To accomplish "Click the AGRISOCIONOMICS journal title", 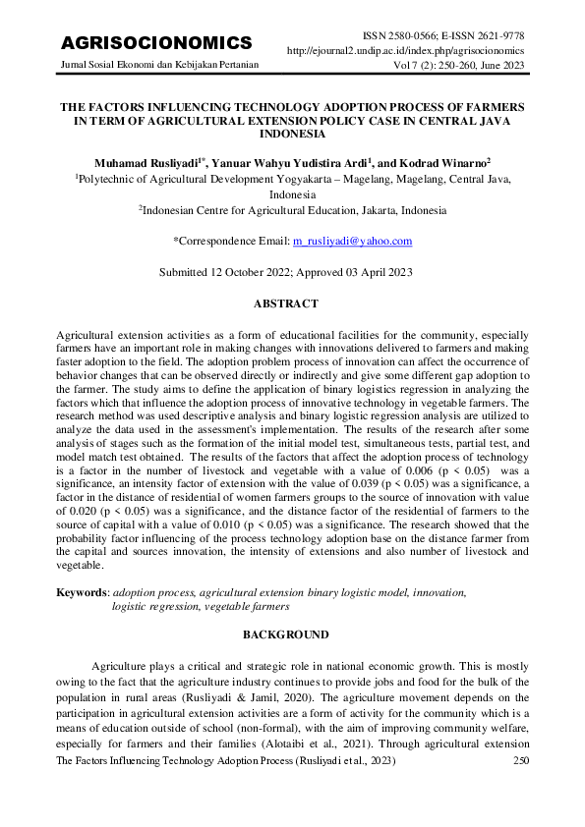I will [156, 43].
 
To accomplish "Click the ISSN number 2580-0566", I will [419, 34].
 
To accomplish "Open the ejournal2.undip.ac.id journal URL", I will [405, 50].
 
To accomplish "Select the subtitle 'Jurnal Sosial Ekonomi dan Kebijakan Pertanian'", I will [160, 66].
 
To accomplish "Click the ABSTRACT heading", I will [292, 304].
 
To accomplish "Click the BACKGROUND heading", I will [292, 634].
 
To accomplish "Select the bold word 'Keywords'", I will [82, 593].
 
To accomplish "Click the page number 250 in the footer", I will [521, 762].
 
